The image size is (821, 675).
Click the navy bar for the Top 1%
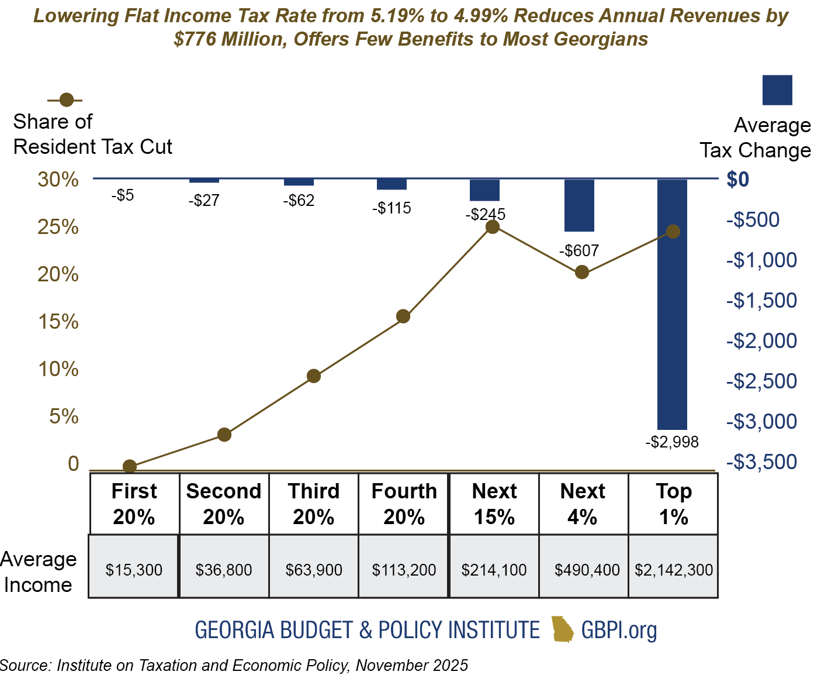[672, 304]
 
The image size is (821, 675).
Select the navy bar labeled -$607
[579, 205]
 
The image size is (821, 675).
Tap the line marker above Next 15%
[493, 227]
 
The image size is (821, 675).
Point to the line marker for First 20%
[130, 466]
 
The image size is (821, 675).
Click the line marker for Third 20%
[314, 376]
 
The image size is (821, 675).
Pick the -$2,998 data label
[672, 442]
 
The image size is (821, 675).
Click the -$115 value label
[392, 208]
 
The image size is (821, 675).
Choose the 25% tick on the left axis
[58, 227]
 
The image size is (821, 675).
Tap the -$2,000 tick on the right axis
[761, 340]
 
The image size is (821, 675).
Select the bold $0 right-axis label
[737, 180]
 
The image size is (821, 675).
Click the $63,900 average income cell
[314, 570]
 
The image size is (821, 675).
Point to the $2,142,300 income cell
[674, 570]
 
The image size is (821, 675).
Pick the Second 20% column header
[224, 504]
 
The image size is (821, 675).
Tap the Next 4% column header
[583, 504]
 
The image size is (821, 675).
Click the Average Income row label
[38, 572]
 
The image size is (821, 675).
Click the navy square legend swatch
[777, 90]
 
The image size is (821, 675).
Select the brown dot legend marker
[67, 99]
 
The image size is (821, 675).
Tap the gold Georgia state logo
[562, 629]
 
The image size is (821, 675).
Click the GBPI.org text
[619, 630]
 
